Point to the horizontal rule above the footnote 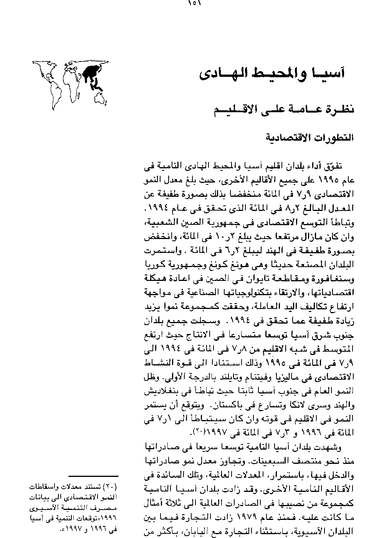click(93, 476)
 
